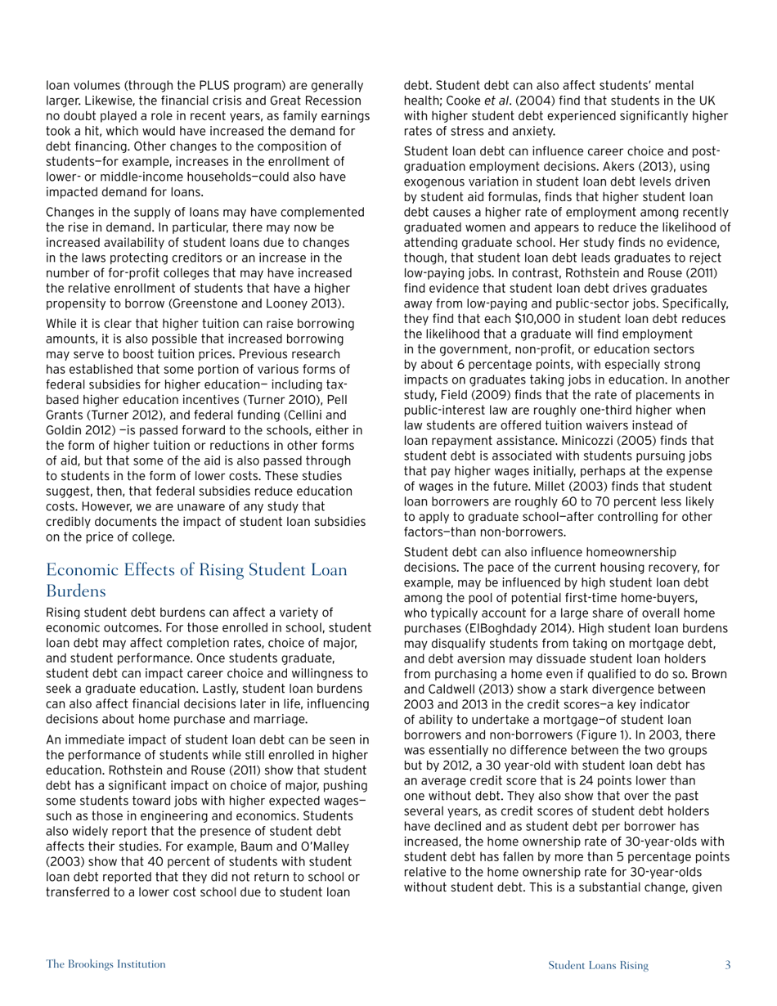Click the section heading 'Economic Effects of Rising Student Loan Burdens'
pyautogui.click(x=196, y=579)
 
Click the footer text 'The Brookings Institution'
pyautogui.click(x=106, y=964)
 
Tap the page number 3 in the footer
pyautogui.click(x=727, y=965)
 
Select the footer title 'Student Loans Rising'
pyautogui.click(x=598, y=965)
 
